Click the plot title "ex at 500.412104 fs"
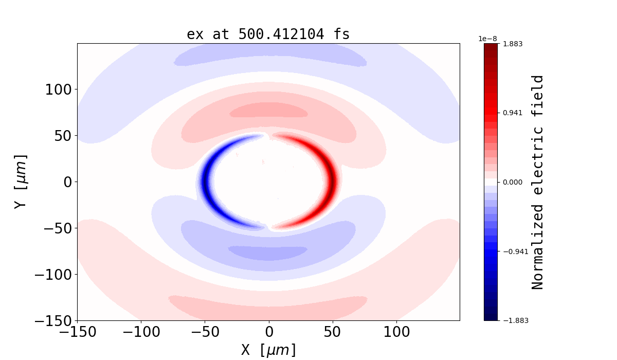coord(268,34)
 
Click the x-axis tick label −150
coord(77,332)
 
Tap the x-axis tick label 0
coord(269,332)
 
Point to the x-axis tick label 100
coord(396,332)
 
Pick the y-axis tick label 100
coord(60,89)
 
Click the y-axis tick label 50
coord(64,136)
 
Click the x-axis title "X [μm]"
coord(268,350)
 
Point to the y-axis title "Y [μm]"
coord(21,182)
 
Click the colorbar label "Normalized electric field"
coord(537,182)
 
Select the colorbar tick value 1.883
coord(513,44)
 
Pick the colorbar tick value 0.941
coord(513,113)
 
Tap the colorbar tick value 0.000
coord(513,182)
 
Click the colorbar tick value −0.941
coord(515,251)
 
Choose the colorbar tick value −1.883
coord(515,320)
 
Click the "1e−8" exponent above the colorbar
coord(487,39)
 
